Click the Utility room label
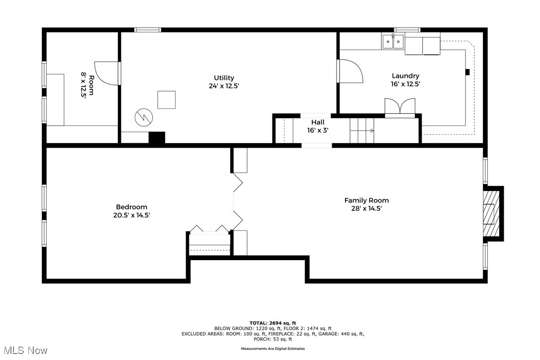tap(224, 78)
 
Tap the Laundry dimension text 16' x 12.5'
tap(405, 85)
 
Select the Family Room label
tap(366, 200)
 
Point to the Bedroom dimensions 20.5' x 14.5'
tap(131, 215)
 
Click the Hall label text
tap(318, 122)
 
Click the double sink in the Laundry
tap(393, 42)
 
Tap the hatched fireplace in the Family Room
tap(491, 214)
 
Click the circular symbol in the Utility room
tap(144, 117)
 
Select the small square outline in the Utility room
tap(167, 99)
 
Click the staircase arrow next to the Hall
tap(370, 131)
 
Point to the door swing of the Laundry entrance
tap(351, 71)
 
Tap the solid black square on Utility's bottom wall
tap(157, 138)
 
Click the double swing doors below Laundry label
tap(400, 107)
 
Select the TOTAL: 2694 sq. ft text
tap(272, 323)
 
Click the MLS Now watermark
tap(24, 351)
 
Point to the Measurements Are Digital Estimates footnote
tap(273, 349)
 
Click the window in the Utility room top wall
tap(148, 30)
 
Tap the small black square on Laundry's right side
tap(467, 72)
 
